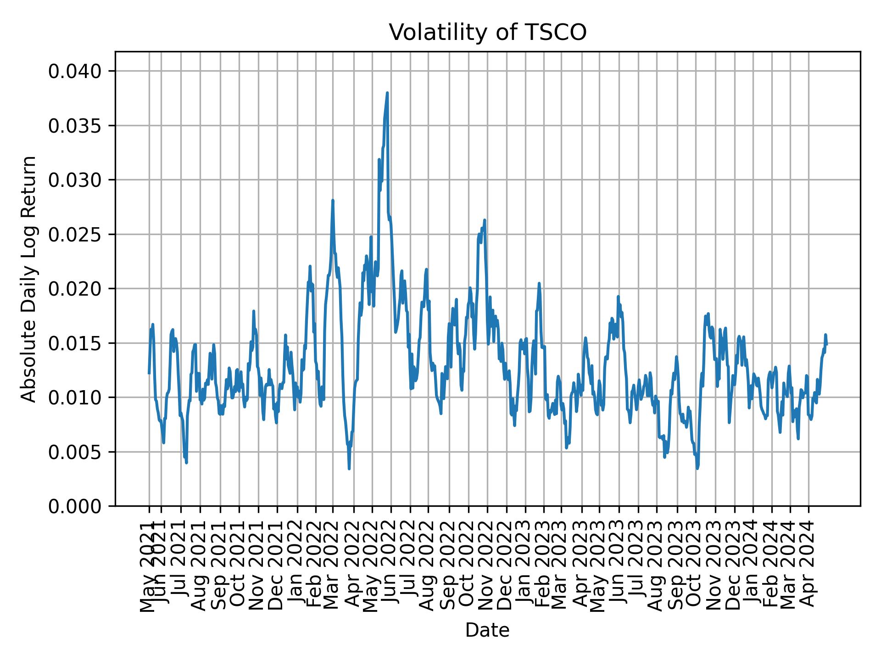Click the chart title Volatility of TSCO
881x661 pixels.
pyautogui.click(x=487, y=33)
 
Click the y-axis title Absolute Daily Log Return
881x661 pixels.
pyautogui.click(x=29, y=279)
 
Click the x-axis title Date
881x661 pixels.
pyautogui.click(x=487, y=630)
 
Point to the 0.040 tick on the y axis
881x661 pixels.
pyautogui.click(x=75, y=71)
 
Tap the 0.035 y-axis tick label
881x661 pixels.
pyautogui.click(x=75, y=125)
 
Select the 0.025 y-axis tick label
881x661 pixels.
pyautogui.click(x=75, y=234)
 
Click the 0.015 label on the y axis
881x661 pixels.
pyautogui.click(x=75, y=343)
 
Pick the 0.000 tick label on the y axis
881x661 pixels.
pyautogui.click(x=75, y=506)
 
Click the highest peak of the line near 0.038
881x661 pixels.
pyautogui.click(x=387, y=93)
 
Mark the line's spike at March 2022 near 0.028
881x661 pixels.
pyautogui.click(x=333, y=200)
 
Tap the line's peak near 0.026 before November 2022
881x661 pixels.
pyautogui.click(x=485, y=220)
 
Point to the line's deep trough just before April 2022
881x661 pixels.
pyautogui.click(x=349, y=468)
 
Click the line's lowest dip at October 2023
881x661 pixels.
pyautogui.click(x=697, y=468)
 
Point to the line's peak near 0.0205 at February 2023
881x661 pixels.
pyautogui.click(x=539, y=283)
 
